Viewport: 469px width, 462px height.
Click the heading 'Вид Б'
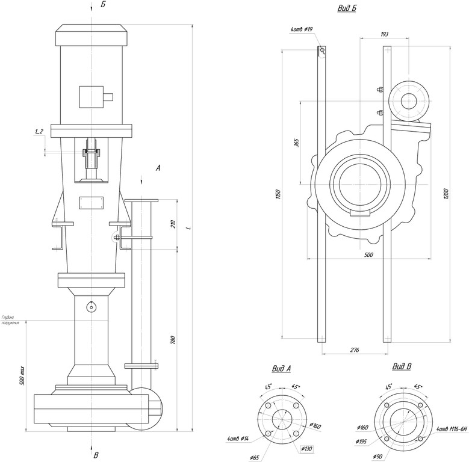pos(346,8)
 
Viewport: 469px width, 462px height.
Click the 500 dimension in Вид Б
pos(369,255)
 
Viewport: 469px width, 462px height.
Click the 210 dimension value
pos(173,224)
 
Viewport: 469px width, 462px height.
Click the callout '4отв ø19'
pos(302,29)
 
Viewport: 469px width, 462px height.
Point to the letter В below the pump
pos(96,455)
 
